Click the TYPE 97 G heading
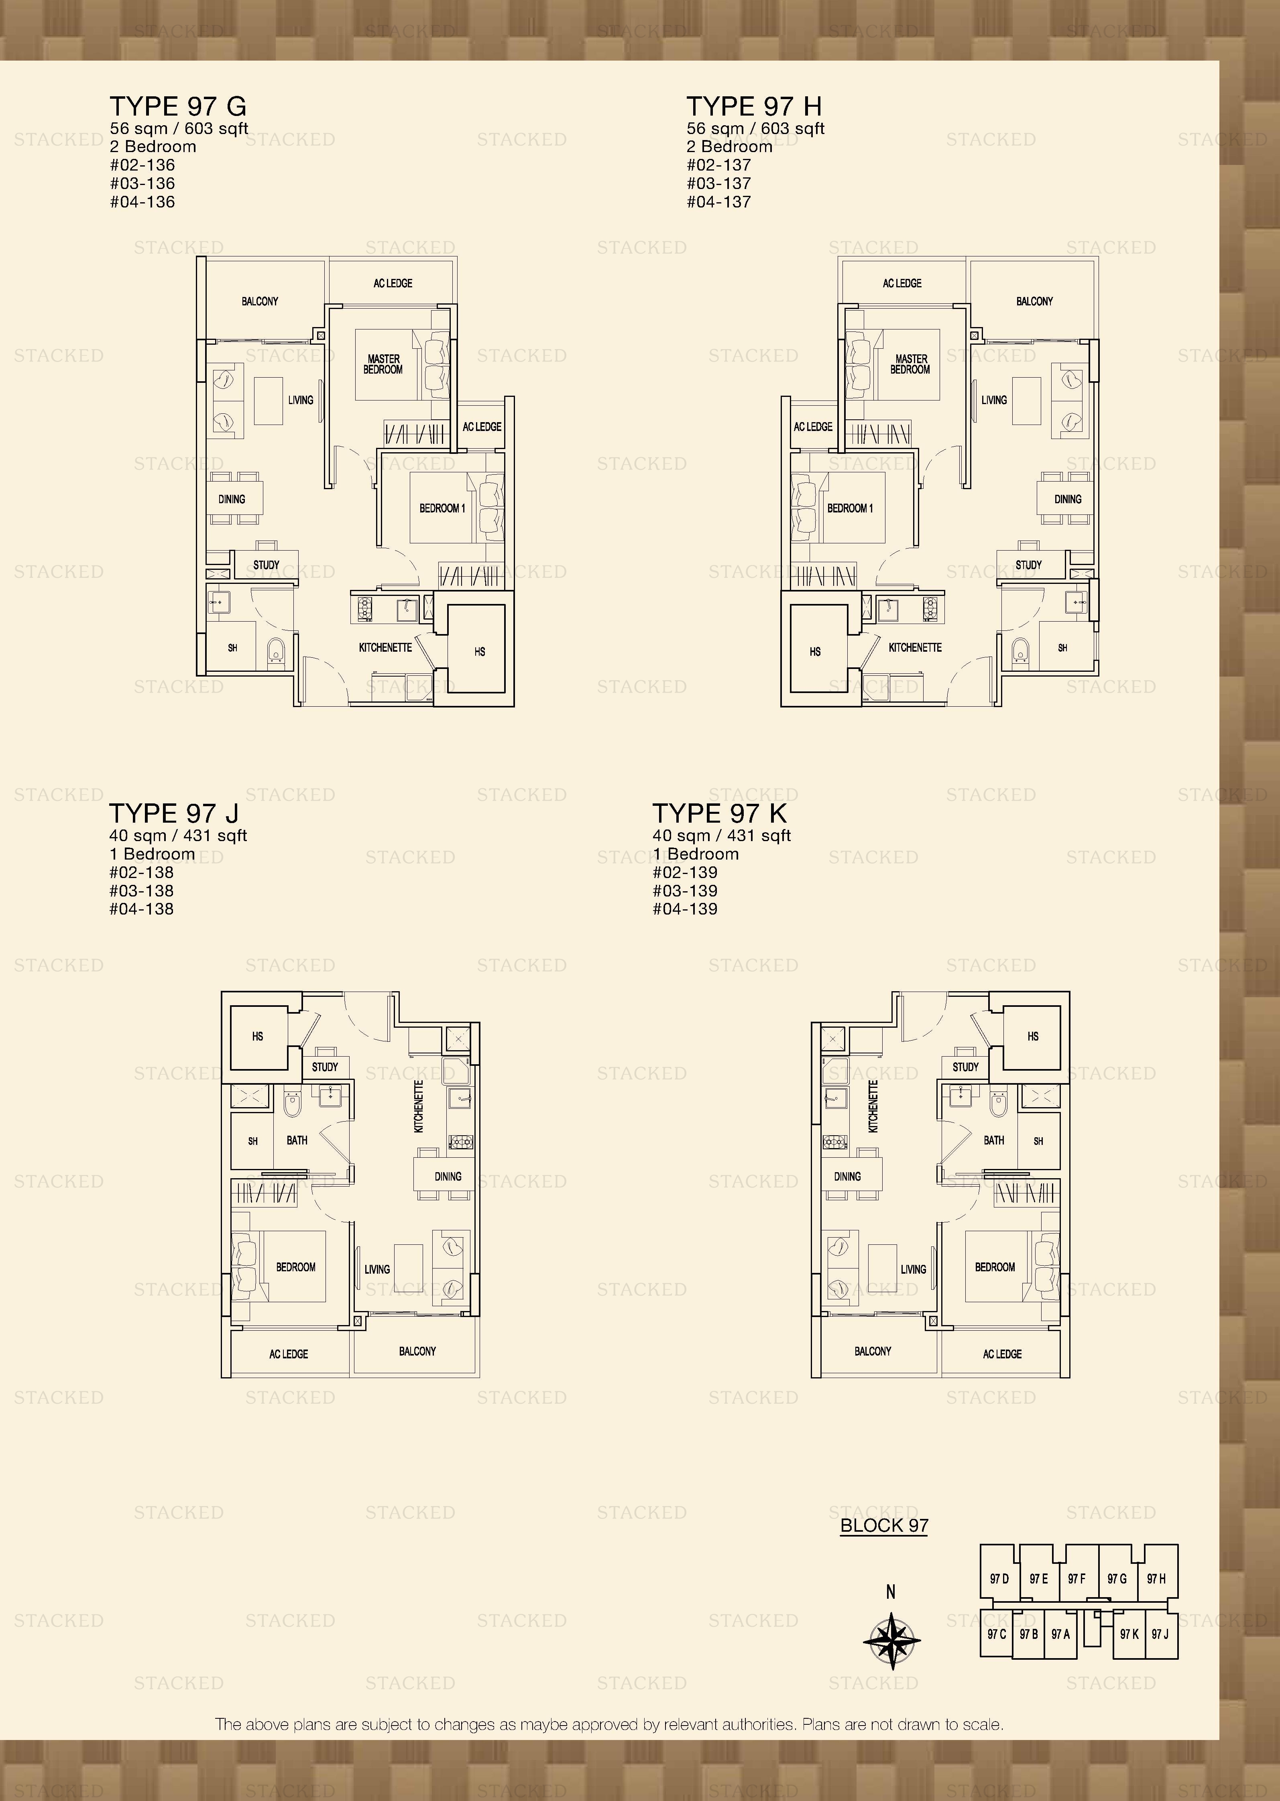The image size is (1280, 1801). [178, 106]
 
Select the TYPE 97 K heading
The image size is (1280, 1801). [720, 813]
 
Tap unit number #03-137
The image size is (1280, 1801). [719, 183]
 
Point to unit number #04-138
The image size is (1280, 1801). [142, 909]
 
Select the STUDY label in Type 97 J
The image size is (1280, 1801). [325, 1067]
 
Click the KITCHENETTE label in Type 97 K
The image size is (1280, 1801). [873, 1106]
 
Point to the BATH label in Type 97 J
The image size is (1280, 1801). [297, 1140]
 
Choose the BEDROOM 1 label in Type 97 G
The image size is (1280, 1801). [442, 508]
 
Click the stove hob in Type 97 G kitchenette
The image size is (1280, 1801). [365, 608]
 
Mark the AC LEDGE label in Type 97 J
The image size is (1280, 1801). [289, 1354]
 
